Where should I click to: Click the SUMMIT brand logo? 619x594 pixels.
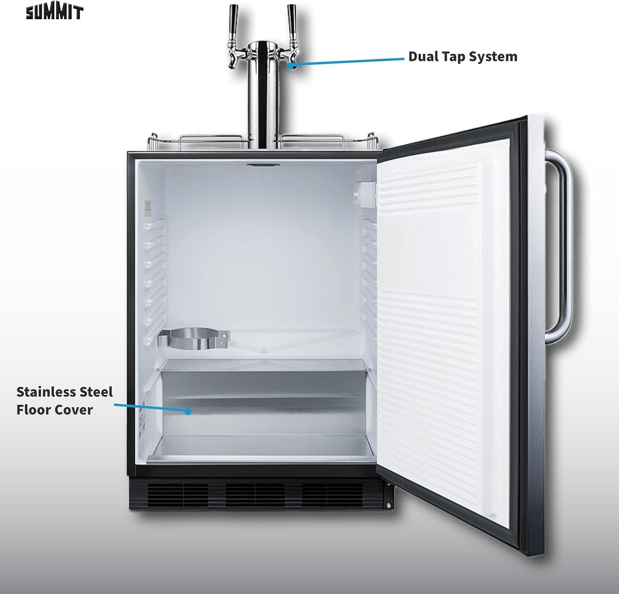(55, 12)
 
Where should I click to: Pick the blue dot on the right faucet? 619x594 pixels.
(291, 66)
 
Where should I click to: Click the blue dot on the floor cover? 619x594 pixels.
(188, 411)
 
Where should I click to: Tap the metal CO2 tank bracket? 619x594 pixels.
(194, 339)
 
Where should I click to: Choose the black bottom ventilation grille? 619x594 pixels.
(260, 496)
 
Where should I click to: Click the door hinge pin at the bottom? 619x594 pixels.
(388, 505)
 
